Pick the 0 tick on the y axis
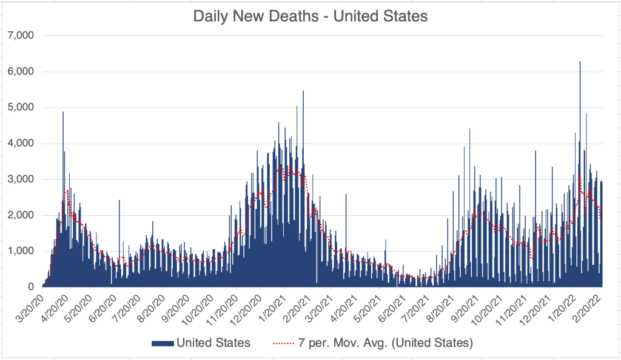31,287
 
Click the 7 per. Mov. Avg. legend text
389,343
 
